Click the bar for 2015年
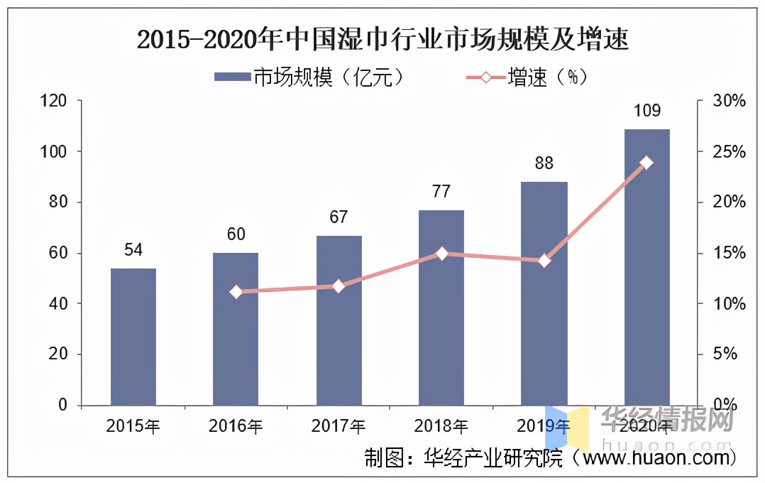click(133, 337)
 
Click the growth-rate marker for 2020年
click(646, 163)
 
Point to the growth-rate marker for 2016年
click(236, 291)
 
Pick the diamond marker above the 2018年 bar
click(441, 254)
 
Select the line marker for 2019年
click(544, 261)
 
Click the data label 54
click(133, 250)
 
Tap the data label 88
click(544, 163)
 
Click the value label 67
click(339, 217)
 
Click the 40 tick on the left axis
click(57, 304)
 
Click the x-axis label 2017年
click(339, 426)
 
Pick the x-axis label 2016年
click(236, 426)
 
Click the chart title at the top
click(382, 40)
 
